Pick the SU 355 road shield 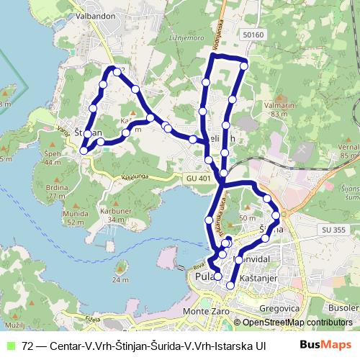[x=335, y=230]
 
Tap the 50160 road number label [x=254, y=34]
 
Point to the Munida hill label [x=75, y=215]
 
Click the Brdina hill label [x=57, y=186]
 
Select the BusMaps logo [x=326, y=345]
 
